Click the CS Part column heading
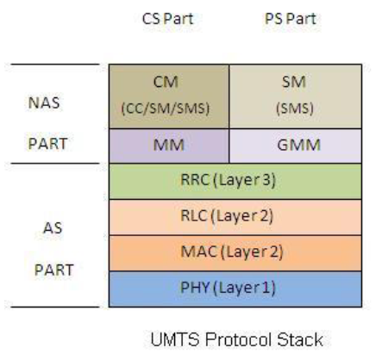tap(168, 19)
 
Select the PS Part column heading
tap(291, 19)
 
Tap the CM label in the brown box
tap(166, 82)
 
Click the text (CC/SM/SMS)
tap(166, 109)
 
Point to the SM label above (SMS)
tap(294, 82)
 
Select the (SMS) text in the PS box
tap(295, 109)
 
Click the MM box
tap(169, 146)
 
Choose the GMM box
tap(296, 146)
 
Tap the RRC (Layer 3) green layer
tap(235, 182)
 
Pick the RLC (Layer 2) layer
tap(235, 217)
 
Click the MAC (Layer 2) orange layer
tap(235, 253)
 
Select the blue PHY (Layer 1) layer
tap(235, 289)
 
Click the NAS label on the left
tap(44, 102)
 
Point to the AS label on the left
tap(53, 228)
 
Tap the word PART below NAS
tap(48, 144)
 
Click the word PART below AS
tap(54, 270)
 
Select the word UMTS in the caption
tap(175, 339)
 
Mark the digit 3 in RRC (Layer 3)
tap(266, 180)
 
